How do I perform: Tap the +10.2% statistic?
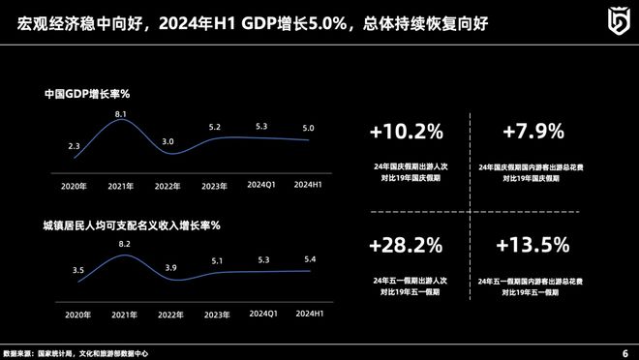coord(406,130)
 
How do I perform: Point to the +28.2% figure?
coord(406,244)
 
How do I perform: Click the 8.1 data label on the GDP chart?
coord(121,114)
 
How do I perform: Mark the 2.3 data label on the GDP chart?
coord(75,146)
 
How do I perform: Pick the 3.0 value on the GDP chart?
coord(167,141)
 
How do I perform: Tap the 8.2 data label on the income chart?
coord(123,245)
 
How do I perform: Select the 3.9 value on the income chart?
coord(169,267)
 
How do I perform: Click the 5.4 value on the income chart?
coord(309,258)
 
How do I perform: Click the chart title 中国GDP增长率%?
coord(87,95)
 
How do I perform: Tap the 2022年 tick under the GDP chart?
coord(168,186)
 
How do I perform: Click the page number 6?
coord(624,351)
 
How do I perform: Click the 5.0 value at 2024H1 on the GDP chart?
coord(308,128)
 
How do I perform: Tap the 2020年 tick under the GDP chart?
coord(75,186)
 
